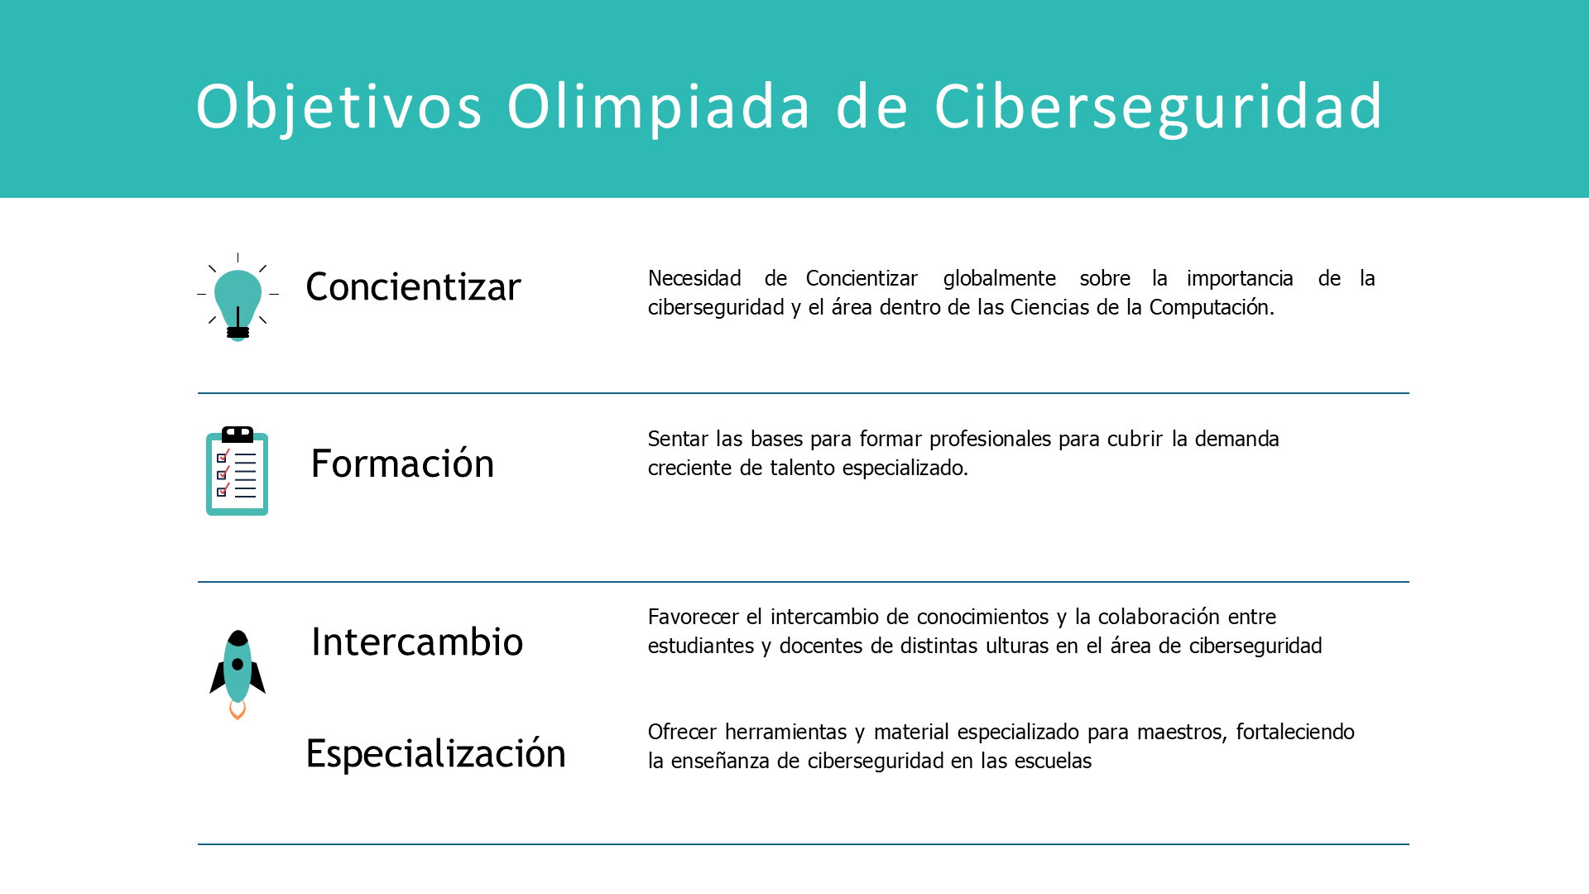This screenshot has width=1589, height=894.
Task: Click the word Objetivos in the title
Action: pyautogui.click(x=339, y=108)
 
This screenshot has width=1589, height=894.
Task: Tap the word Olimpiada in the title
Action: pyautogui.click(x=659, y=106)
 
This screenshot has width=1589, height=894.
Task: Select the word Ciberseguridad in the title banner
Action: pyautogui.click(x=1159, y=108)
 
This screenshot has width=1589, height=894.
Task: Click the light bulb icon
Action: pyautogui.click(x=238, y=297)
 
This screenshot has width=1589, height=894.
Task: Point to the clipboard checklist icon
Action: pyautogui.click(x=238, y=471)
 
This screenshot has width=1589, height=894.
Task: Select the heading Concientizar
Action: pyautogui.click(x=413, y=287)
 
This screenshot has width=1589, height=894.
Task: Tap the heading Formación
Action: pyautogui.click(x=402, y=462)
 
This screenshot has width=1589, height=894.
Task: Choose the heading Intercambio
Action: pyautogui.click(x=417, y=642)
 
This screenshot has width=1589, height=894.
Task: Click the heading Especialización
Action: pyautogui.click(x=435, y=754)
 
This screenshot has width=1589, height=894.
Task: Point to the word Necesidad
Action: pyautogui.click(x=694, y=278)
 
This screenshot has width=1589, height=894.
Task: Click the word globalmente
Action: pyautogui.click(x=1000, y=278)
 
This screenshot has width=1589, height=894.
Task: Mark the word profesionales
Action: pyautogui.click(x=989, y=440)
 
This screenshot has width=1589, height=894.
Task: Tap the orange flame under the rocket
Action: pyautogui.click(x=238, y=710)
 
